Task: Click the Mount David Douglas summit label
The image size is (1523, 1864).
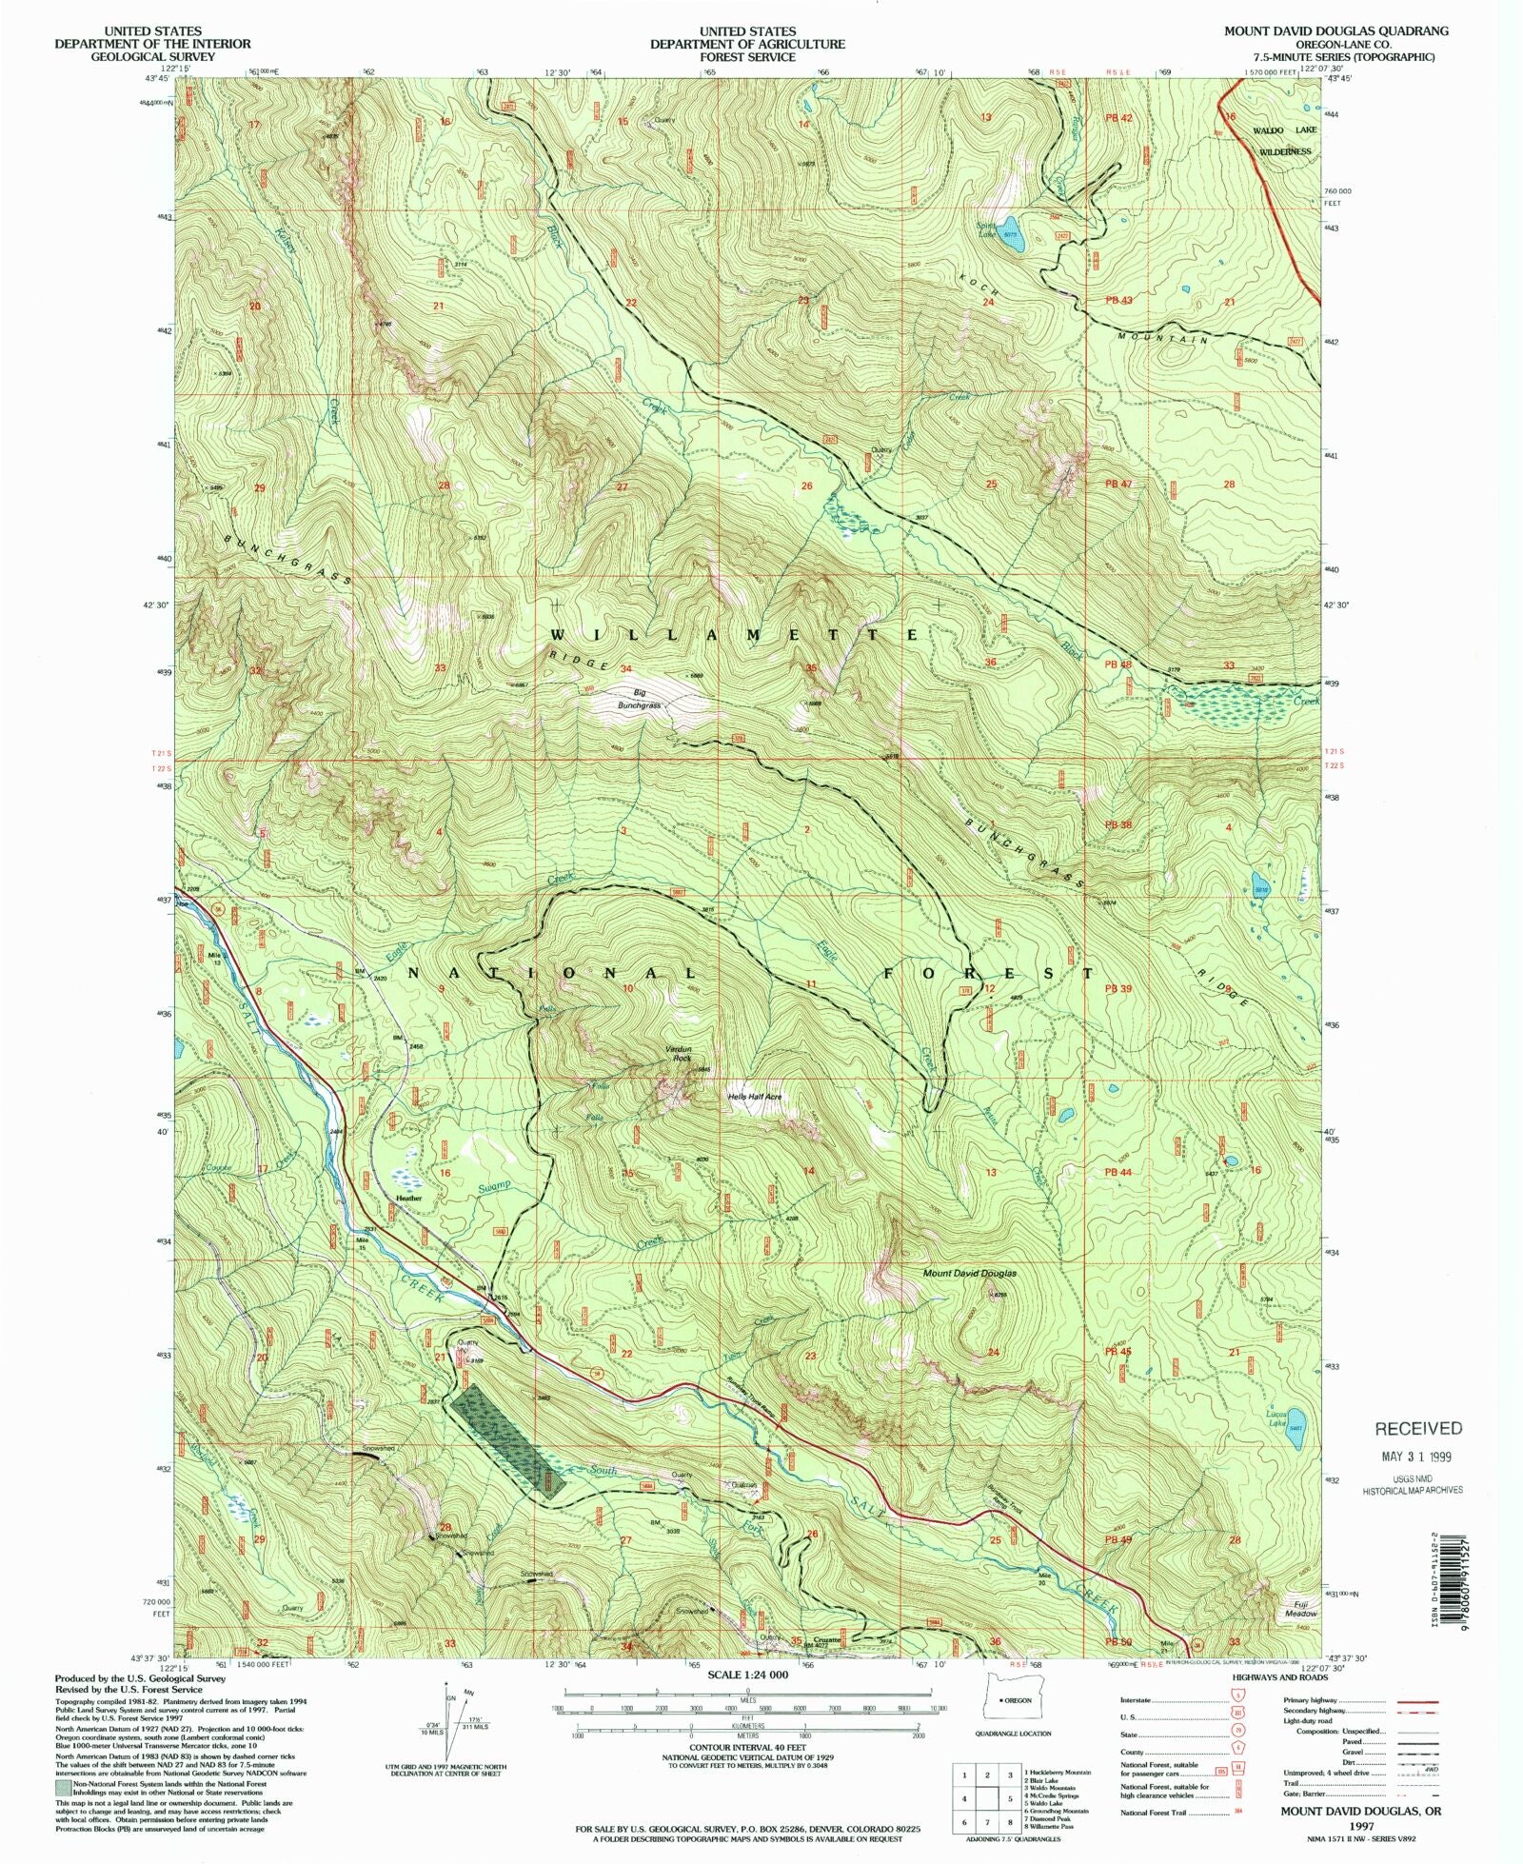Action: (969, 1273)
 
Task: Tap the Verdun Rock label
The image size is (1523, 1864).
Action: (678, 1053)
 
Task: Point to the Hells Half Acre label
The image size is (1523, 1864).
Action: (755, 1097)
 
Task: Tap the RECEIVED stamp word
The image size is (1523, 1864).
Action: (1418, 1428)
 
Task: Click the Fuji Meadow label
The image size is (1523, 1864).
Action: (1300, 1609)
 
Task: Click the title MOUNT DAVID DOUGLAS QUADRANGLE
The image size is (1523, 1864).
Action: (1335, 30)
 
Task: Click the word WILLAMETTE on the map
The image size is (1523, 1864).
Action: (736, 634)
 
